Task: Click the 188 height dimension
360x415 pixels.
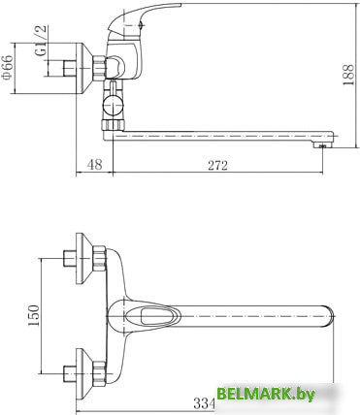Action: click(x=348, y=75)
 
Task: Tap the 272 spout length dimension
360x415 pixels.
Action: click(x=217, y=166)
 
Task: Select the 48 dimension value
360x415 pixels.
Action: click(x=94, y=165)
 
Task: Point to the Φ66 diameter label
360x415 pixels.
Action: click(x=8, y=67)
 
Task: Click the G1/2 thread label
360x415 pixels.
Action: click(x=41, y=41)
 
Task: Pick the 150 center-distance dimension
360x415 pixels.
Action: click(x=34, y=315)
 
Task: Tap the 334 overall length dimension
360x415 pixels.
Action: click(x=204, y=403)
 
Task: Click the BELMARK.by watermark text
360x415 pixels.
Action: click(x=265, y=394)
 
